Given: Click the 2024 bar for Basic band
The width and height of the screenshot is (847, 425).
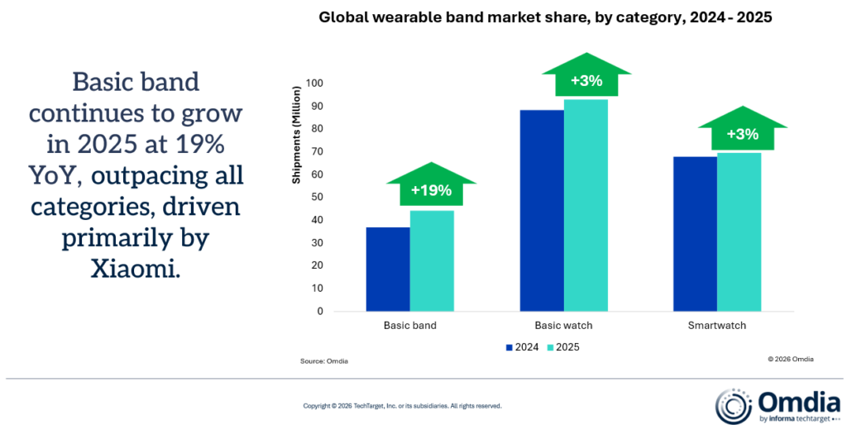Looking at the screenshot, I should click(x=388, y=269).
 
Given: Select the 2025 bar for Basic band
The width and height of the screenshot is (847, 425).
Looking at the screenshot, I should click(x=432, y=260).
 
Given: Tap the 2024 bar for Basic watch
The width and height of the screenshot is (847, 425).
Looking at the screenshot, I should click(x=542, y=211).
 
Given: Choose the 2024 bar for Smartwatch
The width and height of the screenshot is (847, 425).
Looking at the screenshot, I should click(x=696, y=234).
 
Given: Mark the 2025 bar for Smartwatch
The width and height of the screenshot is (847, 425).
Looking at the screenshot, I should click(x=739, y=232).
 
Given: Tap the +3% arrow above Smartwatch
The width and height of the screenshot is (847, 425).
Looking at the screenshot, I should click(x=739, y=131).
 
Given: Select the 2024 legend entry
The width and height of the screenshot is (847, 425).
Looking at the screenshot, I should click(x=522, y=347).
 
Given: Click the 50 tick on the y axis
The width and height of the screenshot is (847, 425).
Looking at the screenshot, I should click(x=316, y=198).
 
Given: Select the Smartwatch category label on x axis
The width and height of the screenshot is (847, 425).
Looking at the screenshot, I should click(x=717, y=326).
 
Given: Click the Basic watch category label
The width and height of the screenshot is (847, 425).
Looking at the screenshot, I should click(x=563, y=326).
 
